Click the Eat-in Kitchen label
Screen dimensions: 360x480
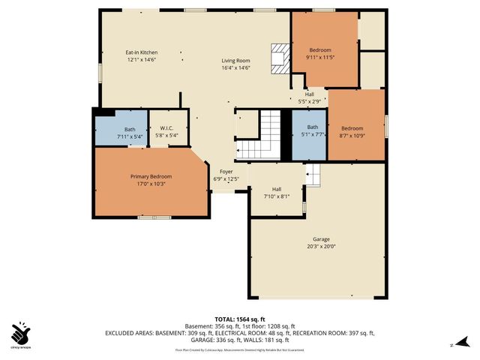point(141,52)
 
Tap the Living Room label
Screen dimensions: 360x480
point(235,61)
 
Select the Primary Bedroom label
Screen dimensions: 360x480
point(151,176)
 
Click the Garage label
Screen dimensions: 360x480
point(321,238)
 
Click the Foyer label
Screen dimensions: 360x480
point(226,172)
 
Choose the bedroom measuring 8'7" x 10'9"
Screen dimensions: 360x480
point(352,128)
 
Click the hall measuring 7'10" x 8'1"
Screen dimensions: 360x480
point(276,189)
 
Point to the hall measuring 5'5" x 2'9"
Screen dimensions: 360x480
point(309,94)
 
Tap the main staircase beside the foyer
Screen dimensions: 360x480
point(268,134)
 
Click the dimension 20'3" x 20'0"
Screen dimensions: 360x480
point(321,246)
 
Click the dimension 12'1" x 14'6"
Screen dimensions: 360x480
point(141,60)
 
